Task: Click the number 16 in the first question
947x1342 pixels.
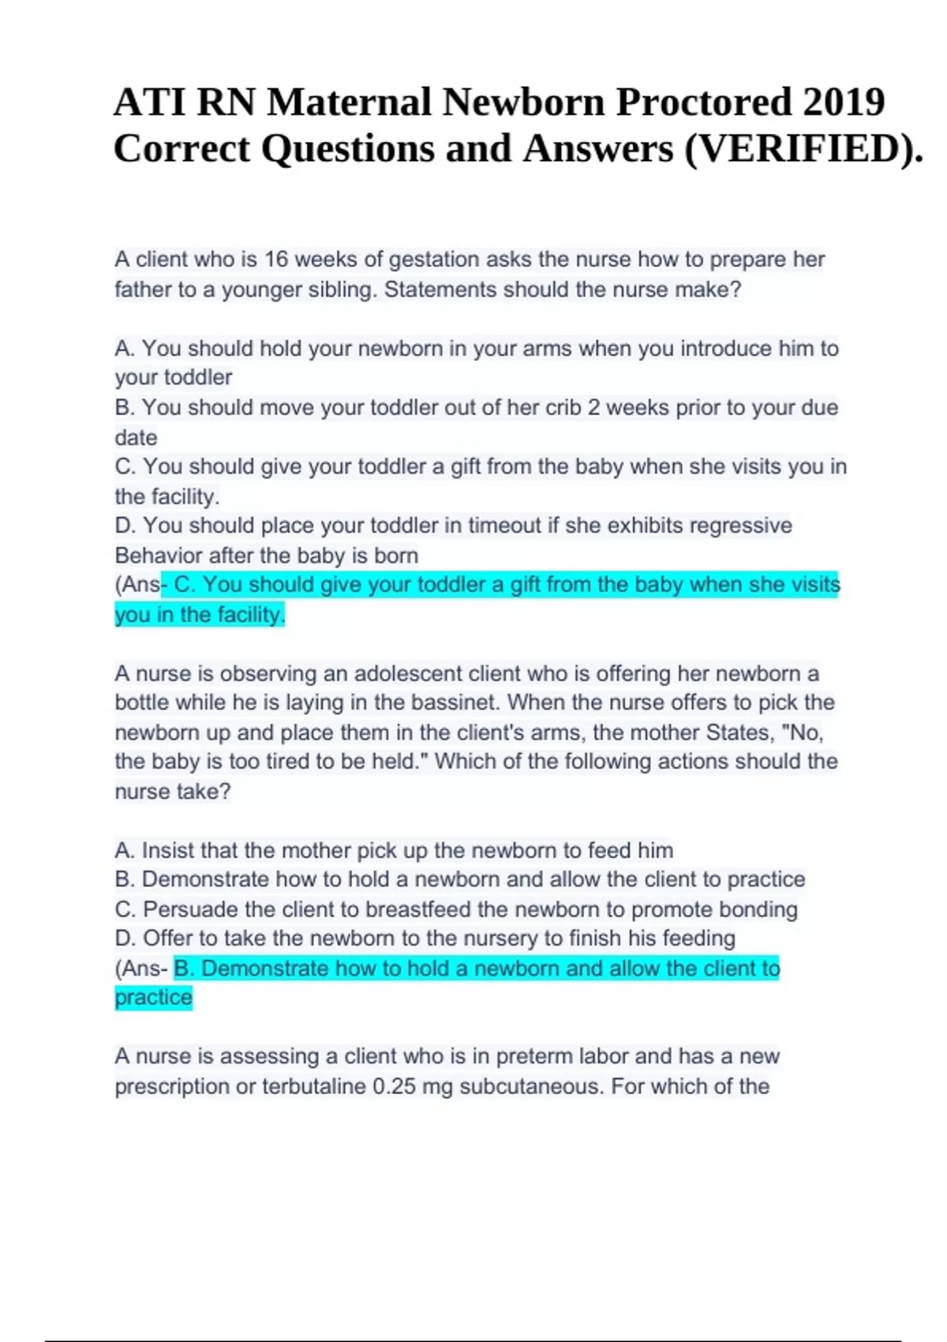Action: [x=276, y=260]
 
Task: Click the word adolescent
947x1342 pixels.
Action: [x=407, y=673]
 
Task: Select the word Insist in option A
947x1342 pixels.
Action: [x=167, y=850]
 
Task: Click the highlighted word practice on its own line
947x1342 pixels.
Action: [x=154, y=998]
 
